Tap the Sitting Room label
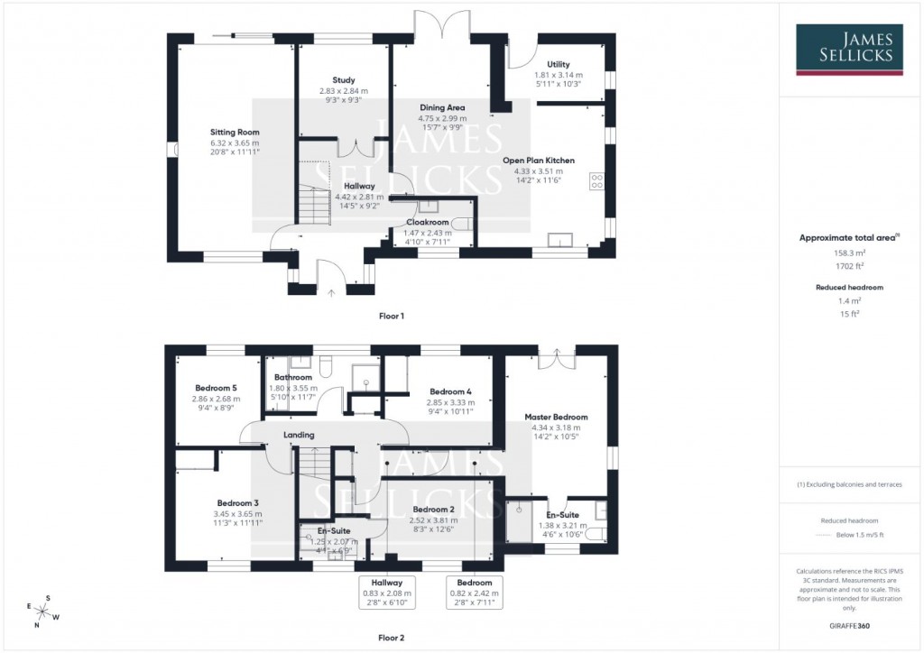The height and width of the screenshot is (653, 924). (235, 133)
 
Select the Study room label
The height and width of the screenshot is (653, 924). (343, 80)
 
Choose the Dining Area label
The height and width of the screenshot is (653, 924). (442, 107)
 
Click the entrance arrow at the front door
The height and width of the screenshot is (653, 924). (331, 291)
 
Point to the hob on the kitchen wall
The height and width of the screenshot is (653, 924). (596, 181)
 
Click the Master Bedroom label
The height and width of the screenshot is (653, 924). (557, 418)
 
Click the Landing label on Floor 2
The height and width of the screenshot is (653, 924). (299, 436)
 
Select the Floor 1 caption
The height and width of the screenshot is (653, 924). (392, 317)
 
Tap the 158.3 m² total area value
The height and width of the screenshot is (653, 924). (846, 253)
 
